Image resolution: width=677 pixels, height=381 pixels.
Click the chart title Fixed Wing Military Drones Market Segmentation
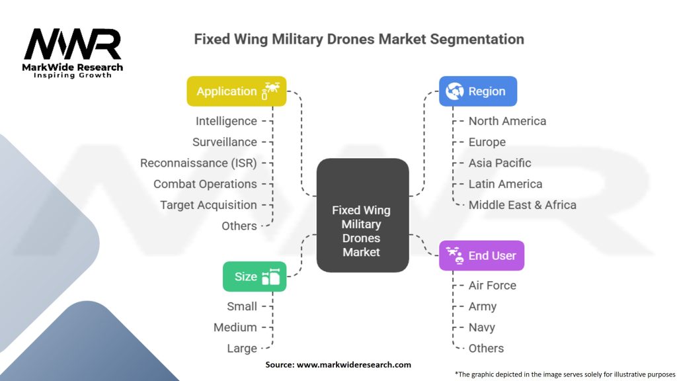359,39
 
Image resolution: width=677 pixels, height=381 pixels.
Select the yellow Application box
236,91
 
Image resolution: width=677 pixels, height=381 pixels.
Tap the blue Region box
478,91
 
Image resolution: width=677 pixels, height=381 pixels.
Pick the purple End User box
481,255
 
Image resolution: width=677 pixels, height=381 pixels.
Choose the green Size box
255,276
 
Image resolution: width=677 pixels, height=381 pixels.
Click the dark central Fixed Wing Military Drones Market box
362,216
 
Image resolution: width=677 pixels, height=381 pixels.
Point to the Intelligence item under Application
226,121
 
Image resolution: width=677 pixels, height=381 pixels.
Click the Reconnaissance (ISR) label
198,163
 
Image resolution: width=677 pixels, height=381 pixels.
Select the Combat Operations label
205,184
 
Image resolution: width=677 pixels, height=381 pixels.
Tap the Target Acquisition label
208,205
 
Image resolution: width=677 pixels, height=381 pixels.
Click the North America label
507,121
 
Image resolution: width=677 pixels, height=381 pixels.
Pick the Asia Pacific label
500,163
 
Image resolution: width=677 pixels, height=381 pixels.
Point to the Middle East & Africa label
522,205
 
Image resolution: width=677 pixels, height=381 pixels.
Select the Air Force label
492,285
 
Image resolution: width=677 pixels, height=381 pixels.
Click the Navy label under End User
481,327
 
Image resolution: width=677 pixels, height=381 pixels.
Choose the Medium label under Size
235,327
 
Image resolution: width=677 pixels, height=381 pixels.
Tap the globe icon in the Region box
455,91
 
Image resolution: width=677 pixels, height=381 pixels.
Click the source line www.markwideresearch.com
338,364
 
